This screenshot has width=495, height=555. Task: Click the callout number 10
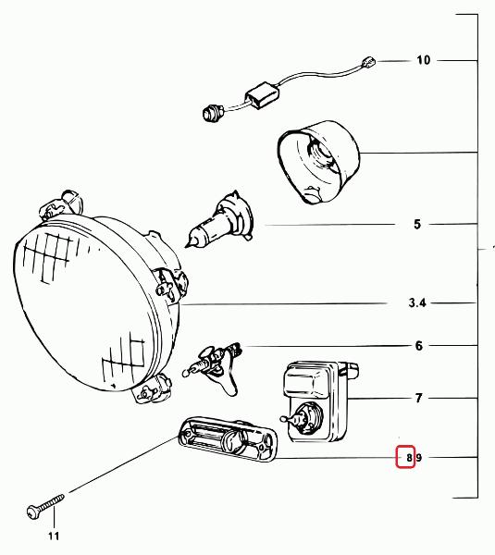point(423,60)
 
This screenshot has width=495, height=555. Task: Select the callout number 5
point(417,224)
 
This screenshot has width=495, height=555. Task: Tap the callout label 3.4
point(417,303)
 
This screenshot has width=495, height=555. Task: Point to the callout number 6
point(419,345)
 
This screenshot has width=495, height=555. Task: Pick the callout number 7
point(419,398)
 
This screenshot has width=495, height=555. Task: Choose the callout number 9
point(419,458)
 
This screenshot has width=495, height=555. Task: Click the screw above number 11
point(45,507)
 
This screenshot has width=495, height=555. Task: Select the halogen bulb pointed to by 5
point(219,219)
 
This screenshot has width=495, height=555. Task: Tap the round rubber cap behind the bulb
point(318,162)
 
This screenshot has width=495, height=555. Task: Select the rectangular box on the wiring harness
point(262,95)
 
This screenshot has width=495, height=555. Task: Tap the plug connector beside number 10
point(368,63)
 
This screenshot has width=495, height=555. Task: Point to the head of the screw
point(33,512)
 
